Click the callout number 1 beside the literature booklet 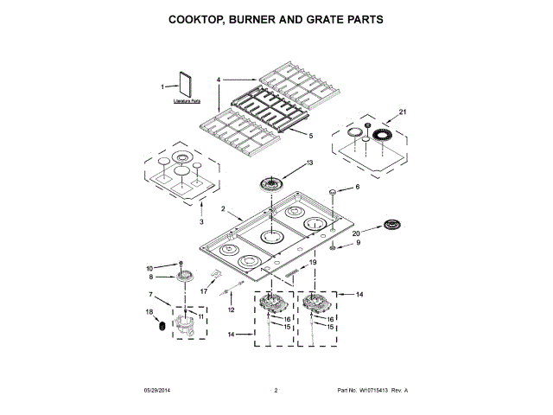coord(162,86)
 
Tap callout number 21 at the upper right coord(402,112)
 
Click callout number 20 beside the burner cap coord(356,232)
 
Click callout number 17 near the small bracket coord(205,291)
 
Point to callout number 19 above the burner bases coord(314,262)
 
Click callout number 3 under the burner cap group coord(201,221)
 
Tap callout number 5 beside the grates coord(310,135)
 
